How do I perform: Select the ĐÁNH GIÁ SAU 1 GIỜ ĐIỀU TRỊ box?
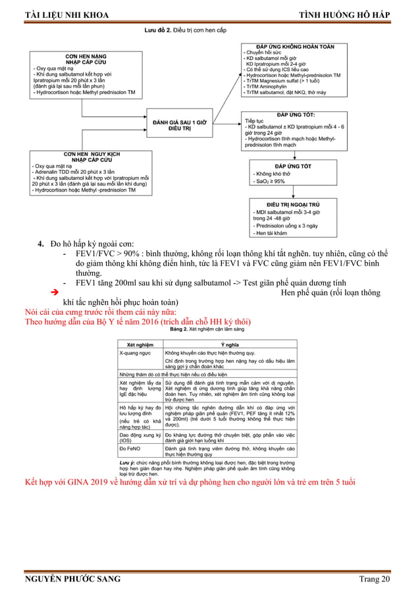coord(180,125)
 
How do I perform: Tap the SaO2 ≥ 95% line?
coord(269,181)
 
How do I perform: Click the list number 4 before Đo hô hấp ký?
coord(40,246)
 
